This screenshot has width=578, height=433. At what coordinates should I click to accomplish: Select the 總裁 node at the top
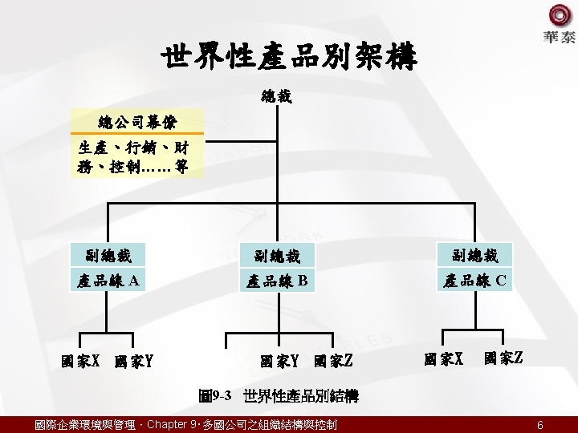(x=276, y=97)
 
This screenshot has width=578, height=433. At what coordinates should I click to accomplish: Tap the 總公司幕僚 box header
(x=137, y=122)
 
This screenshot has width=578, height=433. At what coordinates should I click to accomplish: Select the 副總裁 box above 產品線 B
(x=277, y=257)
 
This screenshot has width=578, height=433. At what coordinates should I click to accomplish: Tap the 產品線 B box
(x=277, y=281)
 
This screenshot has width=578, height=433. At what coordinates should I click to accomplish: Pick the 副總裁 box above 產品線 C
(x=475, y=256)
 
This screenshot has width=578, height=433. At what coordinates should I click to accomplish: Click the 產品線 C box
(x=475, y=281)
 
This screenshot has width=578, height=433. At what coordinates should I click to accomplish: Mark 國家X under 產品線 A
(x=80, y=361)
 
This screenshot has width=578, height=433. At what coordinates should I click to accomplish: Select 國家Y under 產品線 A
(x=134, y=362)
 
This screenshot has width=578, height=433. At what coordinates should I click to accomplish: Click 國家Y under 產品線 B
(x=279, y=362)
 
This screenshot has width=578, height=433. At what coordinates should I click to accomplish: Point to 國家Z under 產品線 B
(x=333, y=362)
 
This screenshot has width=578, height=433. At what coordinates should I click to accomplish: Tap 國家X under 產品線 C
(x=444, y=358)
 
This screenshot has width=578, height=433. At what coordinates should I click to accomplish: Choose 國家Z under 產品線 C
(x=503, y=358)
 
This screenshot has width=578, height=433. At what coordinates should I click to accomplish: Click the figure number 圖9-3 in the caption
(x=215, y=396)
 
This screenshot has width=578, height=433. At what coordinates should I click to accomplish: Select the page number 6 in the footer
(x=540, y=425)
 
